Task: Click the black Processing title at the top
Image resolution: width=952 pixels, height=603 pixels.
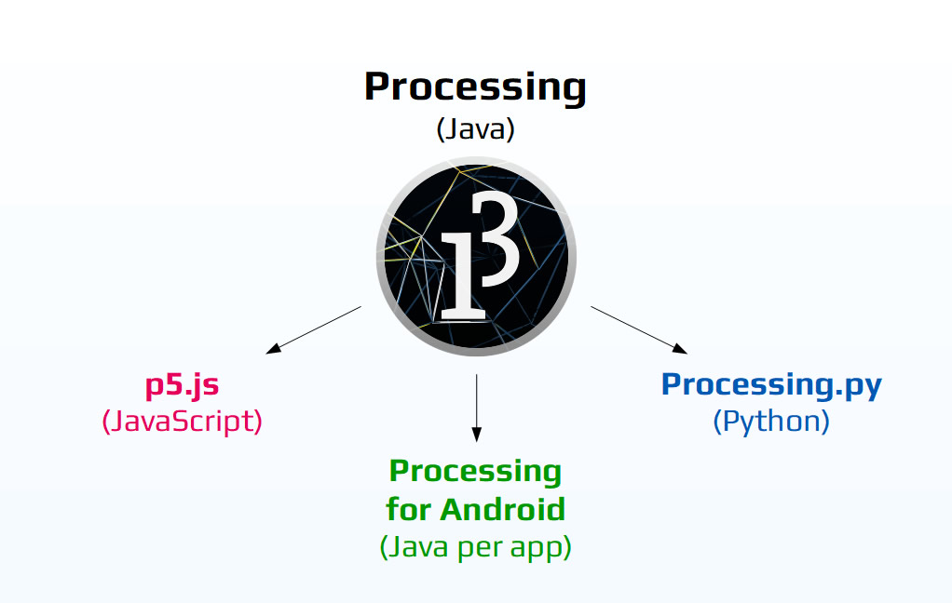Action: (x=475, y=87)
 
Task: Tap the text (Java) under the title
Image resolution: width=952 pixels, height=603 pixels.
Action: (x=475, y=129)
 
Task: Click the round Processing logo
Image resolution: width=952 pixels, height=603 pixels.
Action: (x=476, y=257)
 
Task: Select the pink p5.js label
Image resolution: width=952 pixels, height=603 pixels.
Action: (x=182, y=383)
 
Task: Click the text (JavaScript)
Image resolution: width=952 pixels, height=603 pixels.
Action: (x=182, y=421)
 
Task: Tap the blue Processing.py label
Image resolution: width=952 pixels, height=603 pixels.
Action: (x=771, y=383)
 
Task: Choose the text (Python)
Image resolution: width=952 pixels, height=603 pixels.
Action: (x=771, y=421)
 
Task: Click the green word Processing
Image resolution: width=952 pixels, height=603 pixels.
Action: (x=475, y=471)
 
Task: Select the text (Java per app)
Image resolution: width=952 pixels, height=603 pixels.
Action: (x=475, y=547)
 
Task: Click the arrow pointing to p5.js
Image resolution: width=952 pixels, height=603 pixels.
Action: (x=314, y=329)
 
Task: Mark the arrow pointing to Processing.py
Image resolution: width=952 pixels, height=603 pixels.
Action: (x=639, y=329)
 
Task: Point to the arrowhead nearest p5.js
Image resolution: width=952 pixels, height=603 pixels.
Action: (x=273, y=349)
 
